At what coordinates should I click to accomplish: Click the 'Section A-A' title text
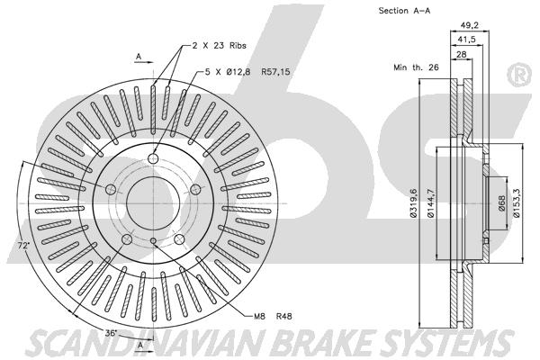click(x=404, y=11)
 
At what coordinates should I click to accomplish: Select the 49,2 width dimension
click(x=470, y=25)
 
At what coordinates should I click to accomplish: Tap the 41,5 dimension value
click(x=466, y=40)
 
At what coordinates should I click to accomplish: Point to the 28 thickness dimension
click(x=462, y=54)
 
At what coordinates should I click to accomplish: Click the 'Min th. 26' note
click(x=416, y=67)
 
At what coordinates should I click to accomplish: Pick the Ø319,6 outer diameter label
click(x=414, y=202)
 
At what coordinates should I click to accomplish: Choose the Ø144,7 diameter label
click(x=431, y=203)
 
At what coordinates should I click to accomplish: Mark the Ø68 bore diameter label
click(x=501, y=203)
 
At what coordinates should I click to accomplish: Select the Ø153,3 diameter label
click(x=517, y=203)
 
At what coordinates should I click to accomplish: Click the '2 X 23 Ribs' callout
click(x=219, y=46)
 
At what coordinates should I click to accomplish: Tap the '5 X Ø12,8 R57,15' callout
click(x=247, y=72)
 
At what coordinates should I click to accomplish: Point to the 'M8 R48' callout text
click(x=273, y=316)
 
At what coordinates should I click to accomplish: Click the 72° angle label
click(x=23, y=246)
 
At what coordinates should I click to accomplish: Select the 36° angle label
click(x=111, y=333)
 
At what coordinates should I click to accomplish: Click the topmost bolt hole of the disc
click(x=153, y=158)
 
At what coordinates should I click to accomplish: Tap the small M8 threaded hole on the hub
click(x=154, y=241)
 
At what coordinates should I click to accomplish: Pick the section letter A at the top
click(x=139, y=57)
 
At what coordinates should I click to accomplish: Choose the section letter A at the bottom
click(x=139, y=346)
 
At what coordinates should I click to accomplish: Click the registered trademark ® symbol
click(x=520, y=76)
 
